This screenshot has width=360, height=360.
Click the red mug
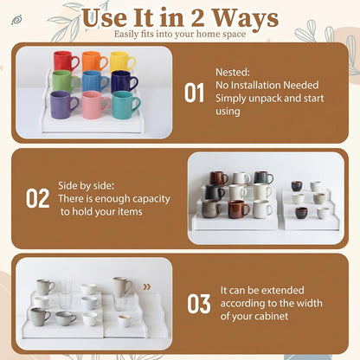coord(66,61)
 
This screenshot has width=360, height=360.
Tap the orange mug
coord(94,61)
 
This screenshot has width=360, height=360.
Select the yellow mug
coord(122,62)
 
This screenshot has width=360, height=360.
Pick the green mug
coord(65,81)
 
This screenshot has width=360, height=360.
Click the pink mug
coord(95,105)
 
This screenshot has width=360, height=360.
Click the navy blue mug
coord(125,82)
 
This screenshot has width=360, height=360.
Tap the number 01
coord(194,93)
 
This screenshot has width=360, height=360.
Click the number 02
coord(37,198)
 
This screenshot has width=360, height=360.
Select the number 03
coord(199,304)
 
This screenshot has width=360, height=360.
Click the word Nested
coord(233,72)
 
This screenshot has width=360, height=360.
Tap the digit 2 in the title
coord(198,18)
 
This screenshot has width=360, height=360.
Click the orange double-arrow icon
coord(147,286)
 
